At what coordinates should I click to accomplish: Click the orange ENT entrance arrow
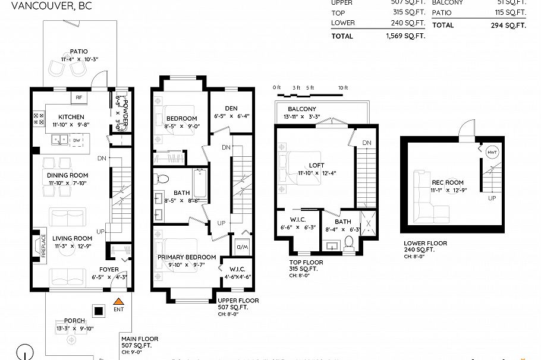coord(118,302)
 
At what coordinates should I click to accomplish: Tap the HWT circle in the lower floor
coord(492,152)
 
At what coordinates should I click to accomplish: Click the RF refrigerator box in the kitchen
coord(78,97)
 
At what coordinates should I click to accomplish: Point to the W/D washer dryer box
coord(243,245)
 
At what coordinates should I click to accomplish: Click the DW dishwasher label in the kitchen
coord(77,141)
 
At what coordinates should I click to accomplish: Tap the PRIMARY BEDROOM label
coord(187,257)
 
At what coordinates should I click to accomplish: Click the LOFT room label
coord(316,166)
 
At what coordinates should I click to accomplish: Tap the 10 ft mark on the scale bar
coord(342,88)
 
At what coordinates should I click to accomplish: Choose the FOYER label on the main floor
coord(109,269)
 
